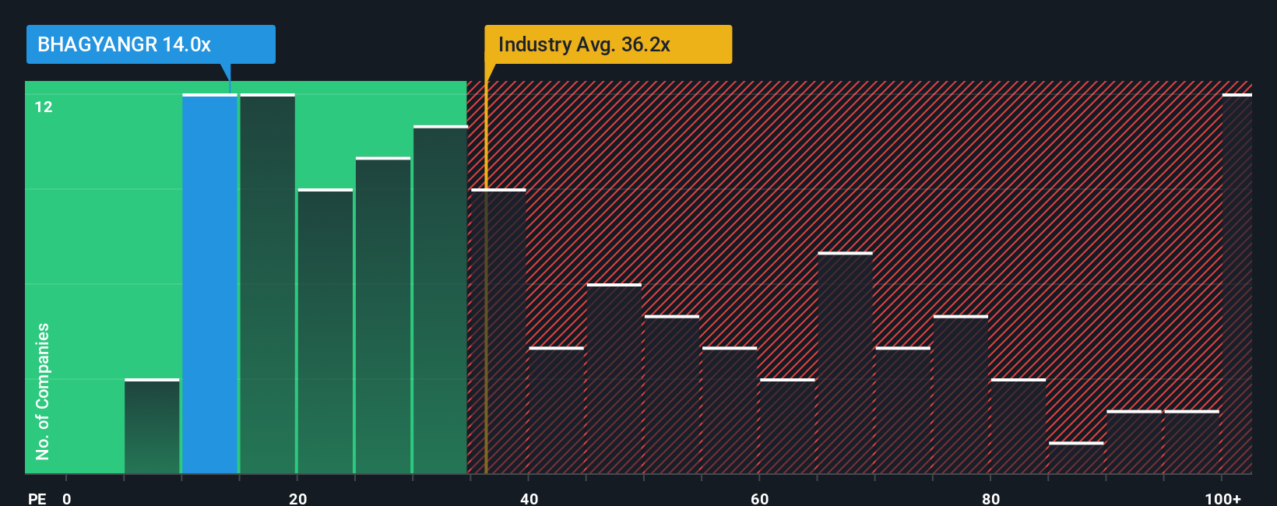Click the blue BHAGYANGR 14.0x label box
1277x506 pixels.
[150, 44]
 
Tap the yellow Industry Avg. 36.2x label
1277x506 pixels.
[607, 44]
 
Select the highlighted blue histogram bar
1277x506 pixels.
[209, 284]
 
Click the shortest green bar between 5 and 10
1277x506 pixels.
[152, 427]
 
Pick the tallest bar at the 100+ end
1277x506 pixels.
[1237, 284]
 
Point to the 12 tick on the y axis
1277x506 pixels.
[44, 107]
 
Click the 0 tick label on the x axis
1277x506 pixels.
[67, 498]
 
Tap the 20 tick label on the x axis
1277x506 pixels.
[297, 498]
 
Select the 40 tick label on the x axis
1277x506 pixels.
[529, 498]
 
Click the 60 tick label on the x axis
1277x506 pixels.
[759, 498]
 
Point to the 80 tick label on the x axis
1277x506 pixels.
[990, 498]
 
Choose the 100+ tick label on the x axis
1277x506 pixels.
[1222, 498]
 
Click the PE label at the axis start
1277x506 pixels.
[37, 498]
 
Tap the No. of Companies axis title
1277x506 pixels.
[43, 391]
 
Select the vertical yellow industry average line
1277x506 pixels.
[486, 311]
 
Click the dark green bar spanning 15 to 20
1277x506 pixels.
[267, 284]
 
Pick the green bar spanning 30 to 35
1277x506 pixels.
[440, 300]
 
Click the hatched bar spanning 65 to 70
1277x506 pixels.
[845, 364]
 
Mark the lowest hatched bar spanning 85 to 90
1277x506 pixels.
[1076, 459]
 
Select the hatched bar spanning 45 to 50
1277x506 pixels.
[614, 379]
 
